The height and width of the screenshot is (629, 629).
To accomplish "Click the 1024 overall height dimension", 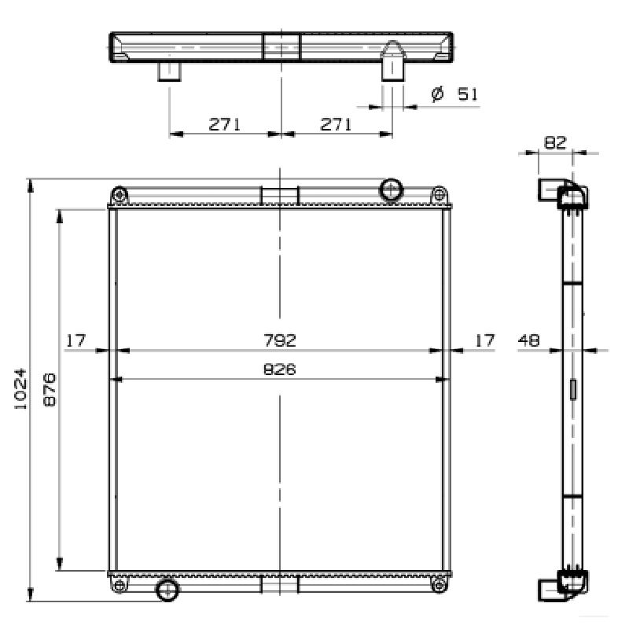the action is [x=20, y=388].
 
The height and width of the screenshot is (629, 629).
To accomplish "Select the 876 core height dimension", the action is [x=50, y=389].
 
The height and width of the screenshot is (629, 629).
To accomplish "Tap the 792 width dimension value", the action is [x=280, y=340].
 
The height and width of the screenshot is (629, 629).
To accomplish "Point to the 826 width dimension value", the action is [x=280, y=369].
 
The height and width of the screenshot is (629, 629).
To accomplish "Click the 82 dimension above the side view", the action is [x=555, y=142].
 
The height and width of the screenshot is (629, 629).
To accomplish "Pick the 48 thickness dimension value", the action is [x=529, y=340].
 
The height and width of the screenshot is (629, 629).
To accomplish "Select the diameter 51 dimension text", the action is [x=455, y=94].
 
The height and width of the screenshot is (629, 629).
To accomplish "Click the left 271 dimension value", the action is [x=224, y=124].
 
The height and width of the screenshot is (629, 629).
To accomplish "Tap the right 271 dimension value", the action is [x=336, y=124].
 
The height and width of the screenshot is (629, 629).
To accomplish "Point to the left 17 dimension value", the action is [x=75, y=340].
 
